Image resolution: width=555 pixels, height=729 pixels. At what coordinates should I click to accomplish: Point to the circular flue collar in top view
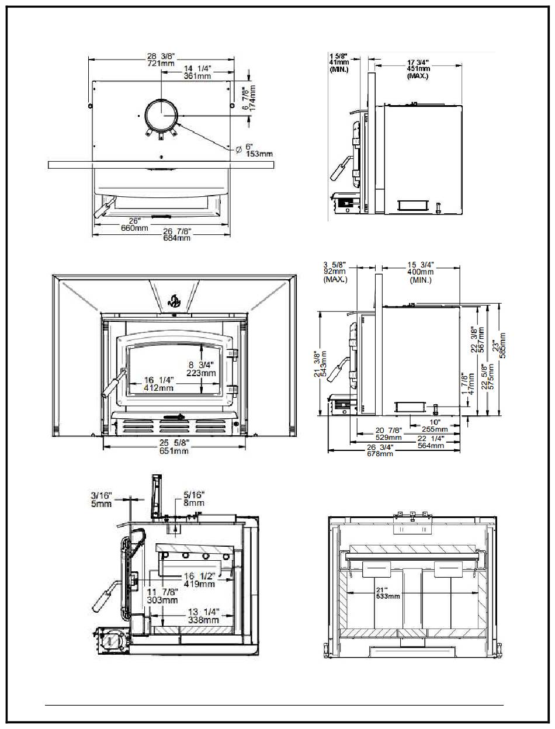162,114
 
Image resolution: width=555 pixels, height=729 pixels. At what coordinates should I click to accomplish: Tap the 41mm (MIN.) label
339,63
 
